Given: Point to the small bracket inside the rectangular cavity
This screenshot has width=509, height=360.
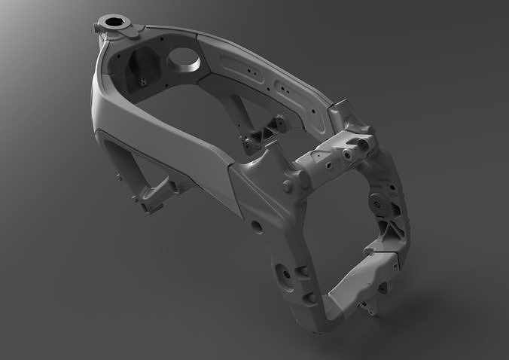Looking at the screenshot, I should click(x=141, y=78).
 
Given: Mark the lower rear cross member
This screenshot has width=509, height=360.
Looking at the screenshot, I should click(x=361, y=276).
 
